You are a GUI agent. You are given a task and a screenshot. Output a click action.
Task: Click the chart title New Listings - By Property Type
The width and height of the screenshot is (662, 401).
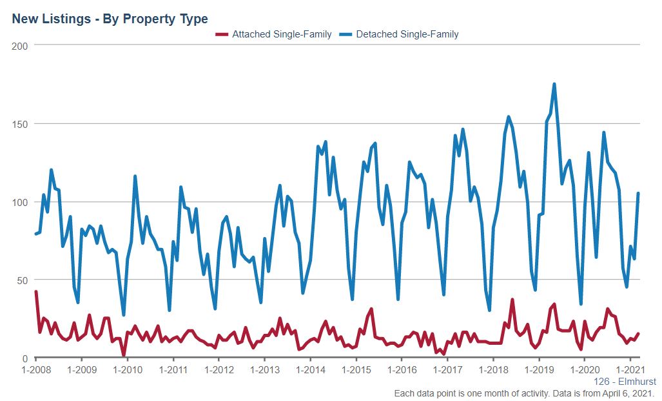110,19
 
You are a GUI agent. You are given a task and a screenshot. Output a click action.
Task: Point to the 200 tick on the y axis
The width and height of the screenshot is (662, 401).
19,45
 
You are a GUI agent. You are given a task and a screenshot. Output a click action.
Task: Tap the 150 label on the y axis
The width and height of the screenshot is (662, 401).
19,123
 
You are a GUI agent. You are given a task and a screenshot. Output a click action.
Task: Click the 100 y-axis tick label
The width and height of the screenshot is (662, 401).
19,201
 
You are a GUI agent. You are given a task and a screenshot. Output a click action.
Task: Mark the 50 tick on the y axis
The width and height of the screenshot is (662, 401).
22,280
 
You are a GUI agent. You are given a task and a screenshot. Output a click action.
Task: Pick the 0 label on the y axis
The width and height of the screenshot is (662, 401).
24,358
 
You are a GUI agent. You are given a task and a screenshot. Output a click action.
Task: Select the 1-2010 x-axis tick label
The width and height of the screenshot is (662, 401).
127,370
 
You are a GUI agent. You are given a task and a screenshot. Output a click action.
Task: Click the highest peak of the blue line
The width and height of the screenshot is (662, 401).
554,84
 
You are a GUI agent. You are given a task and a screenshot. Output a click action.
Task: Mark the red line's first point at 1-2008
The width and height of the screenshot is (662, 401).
35,292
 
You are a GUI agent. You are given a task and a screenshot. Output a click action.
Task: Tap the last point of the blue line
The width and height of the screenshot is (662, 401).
638,193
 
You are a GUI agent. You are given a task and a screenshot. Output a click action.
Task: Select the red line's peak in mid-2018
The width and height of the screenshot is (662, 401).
512,300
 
